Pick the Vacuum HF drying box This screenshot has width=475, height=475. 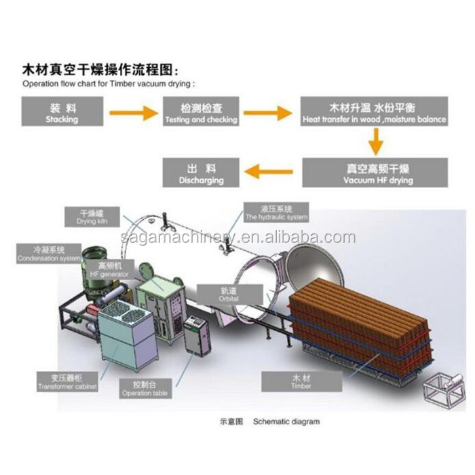click(x=375, y=172)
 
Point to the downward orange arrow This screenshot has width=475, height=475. click(x=374, y=141)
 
